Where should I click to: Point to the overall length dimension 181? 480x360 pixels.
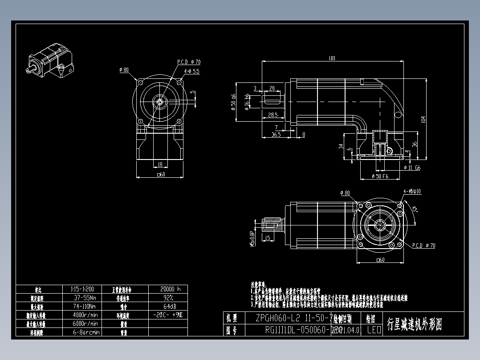pos(332,58)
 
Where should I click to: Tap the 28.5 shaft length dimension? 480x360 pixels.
pos(273,115)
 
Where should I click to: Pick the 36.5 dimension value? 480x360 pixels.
pos(276,134)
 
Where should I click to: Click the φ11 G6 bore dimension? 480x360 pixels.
pos(411,168)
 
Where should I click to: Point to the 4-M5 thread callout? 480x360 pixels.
pos(412,192)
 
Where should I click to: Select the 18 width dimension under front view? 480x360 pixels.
pos(160,164)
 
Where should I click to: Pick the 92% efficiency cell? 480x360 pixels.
pos(168,298)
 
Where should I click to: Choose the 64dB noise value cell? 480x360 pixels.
pos(168,306)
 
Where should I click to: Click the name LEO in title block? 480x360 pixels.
pos(374,330)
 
